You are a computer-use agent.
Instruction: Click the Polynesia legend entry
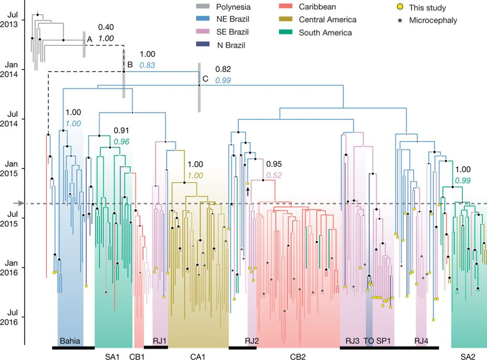pos(228,7)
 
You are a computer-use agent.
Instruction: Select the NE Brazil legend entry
pos(228,20)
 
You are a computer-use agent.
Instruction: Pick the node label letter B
pos(129,65)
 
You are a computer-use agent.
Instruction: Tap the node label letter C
pos(205,79)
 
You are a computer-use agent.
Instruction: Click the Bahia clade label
pos(70,341)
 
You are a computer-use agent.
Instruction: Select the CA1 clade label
pos(197,356)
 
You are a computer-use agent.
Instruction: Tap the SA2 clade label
pos(468,356)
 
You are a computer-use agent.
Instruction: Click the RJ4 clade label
pos(421,341)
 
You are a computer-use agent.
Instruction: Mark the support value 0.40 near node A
pos(106,27)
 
